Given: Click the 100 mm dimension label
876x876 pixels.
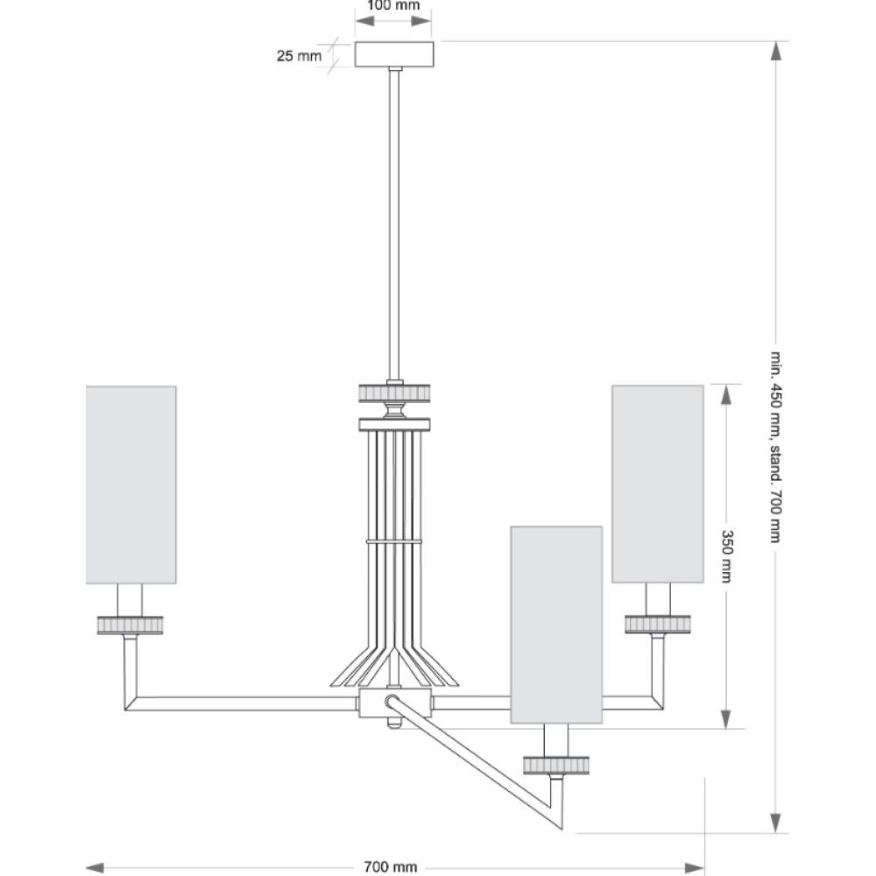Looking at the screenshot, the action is [x=393, y=5].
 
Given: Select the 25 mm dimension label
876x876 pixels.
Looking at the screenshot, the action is [x=299, y=56].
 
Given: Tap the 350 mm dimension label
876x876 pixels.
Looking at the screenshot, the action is [x=726, y=556].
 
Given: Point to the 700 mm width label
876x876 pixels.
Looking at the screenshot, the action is [x=391, y=867].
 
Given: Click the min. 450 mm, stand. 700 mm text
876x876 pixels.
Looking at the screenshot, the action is [x=775, y=447].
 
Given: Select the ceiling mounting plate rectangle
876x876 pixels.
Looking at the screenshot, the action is [x=394, y=54].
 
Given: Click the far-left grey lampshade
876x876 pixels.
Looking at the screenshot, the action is [x=131, y=485].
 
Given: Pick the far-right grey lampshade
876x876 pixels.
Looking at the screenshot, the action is [x=658, y=484].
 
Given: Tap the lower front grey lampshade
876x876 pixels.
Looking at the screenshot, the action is [x=556, y=625].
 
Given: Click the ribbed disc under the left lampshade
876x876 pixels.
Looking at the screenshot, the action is [x=131, y=625].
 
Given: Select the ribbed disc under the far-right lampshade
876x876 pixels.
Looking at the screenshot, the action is [x=658, y=624].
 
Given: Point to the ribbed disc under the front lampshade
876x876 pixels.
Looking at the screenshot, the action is [x=556, y=765].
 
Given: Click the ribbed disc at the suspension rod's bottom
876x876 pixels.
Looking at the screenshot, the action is [x=394, y=392].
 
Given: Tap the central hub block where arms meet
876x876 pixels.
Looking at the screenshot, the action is [x=396, y=703].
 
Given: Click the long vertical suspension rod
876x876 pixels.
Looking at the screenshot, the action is [x=395, y=224].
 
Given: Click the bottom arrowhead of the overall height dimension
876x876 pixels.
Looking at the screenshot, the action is [x=775, y=823].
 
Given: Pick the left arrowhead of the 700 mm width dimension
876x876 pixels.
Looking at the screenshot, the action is [x=95, y=867].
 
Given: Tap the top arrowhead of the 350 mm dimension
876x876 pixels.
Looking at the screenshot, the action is [x=725, y=394].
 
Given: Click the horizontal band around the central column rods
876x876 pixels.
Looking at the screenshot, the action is [x=394, y=541].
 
